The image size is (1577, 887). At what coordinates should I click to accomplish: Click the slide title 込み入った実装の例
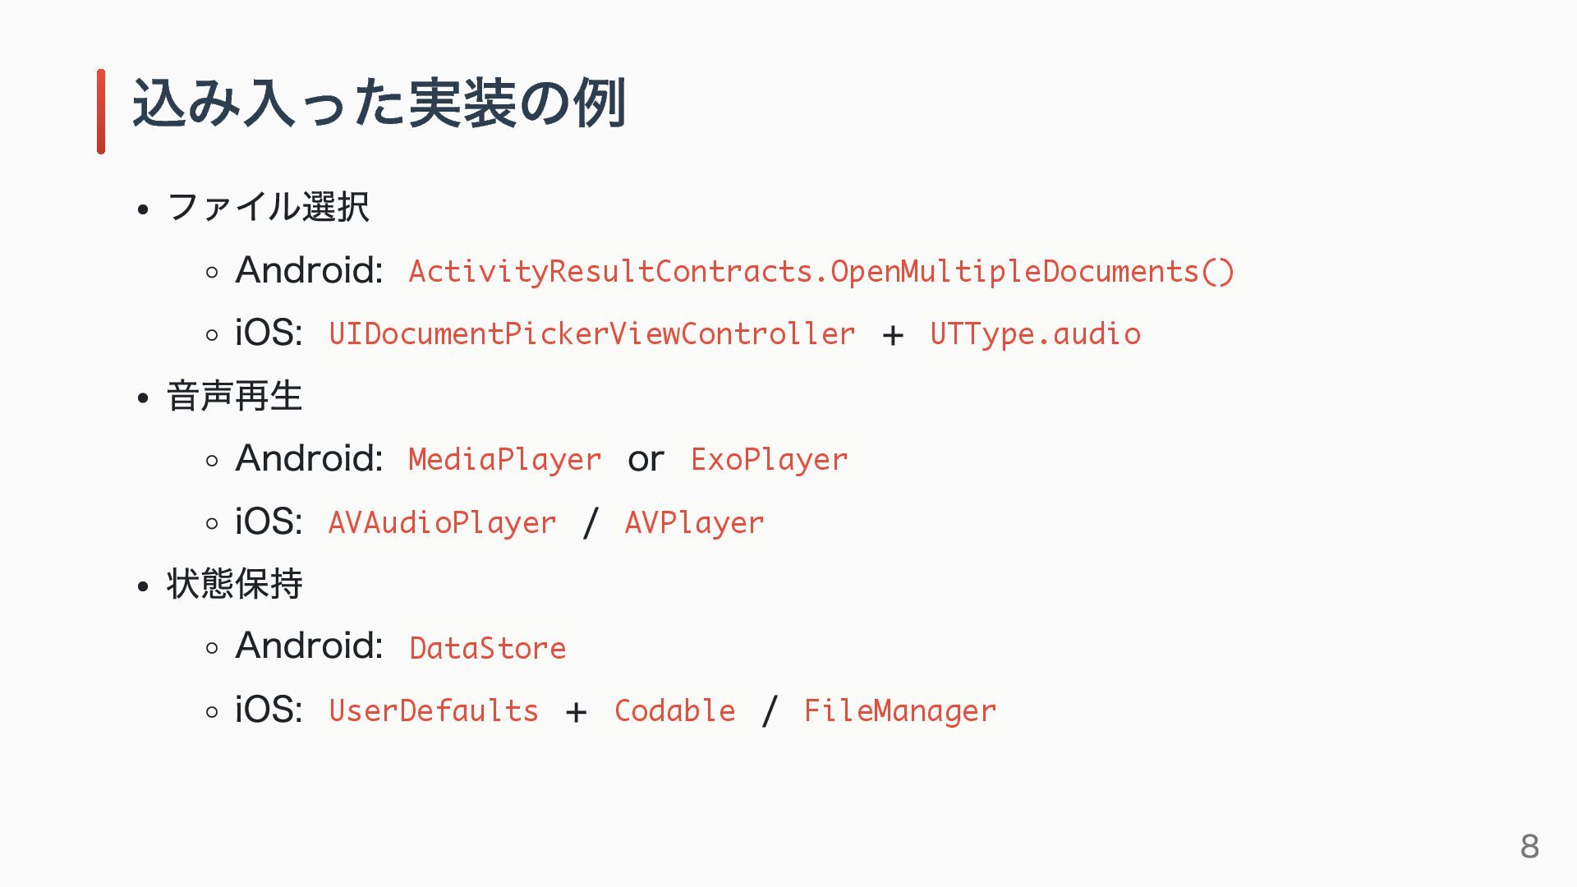379,104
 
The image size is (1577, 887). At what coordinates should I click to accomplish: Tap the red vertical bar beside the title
101,111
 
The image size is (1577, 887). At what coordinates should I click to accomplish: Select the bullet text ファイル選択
268,207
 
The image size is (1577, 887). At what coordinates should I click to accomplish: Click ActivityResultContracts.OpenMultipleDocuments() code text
821,272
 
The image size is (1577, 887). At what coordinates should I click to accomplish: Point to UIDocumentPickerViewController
591,334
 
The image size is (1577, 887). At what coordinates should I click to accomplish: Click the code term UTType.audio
1035,334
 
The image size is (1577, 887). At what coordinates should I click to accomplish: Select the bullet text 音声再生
234,396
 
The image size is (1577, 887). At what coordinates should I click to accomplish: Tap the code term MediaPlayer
504,460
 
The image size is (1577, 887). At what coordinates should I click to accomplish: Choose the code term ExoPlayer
769,460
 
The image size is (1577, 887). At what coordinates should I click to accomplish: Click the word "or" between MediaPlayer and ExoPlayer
646,460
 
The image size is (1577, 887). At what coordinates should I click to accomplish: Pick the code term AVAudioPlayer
442,523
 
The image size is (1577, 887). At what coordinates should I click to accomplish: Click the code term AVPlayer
694,523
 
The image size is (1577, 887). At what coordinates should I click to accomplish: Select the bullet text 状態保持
234,584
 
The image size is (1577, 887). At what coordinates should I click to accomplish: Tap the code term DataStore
487,648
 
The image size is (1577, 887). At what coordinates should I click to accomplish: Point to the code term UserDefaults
433,711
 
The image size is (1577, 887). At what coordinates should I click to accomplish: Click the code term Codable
674,711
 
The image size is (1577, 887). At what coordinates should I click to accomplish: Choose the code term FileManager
899,711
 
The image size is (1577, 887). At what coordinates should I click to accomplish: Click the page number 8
1529,846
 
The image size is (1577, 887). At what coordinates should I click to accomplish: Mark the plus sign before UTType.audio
893,335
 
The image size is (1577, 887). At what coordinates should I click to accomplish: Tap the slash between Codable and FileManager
770,711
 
